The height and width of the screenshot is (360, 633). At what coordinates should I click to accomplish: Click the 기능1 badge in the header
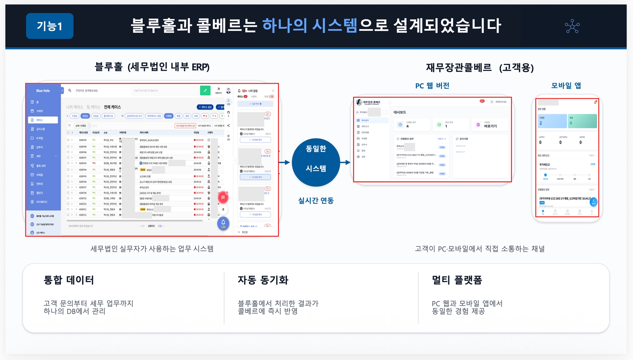coord(50,26)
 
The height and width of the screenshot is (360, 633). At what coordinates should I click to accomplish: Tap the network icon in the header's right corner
coord(572,26)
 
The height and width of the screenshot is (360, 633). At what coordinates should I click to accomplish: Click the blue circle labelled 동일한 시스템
coord(316,162)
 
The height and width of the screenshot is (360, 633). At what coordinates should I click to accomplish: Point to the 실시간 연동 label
coord(316,201)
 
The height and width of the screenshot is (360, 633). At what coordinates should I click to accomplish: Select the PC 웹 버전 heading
coord(432,86)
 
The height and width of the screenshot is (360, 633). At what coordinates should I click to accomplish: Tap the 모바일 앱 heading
coord(566,86)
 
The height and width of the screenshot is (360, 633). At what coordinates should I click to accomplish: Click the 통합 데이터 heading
coord(69,280)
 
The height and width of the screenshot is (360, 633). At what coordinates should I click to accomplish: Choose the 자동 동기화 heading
coord(263,280)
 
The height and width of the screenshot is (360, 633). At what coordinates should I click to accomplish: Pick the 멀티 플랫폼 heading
coord(457,280)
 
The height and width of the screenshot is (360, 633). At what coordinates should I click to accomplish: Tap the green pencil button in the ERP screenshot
coord(205,90)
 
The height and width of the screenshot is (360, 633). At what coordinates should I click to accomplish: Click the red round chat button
coord(223,197)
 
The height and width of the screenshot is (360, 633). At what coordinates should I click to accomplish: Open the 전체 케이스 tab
coord(112,107)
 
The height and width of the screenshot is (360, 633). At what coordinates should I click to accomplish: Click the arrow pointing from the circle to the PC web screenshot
coord(345,162)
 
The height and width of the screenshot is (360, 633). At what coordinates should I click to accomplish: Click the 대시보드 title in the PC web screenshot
coord(400,112)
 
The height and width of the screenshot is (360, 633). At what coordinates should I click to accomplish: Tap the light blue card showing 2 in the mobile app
coord(552,121)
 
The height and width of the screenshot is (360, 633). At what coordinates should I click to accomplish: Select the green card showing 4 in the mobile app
coord(582,121)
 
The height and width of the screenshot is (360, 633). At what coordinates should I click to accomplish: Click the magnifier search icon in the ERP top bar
coord(70,91)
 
